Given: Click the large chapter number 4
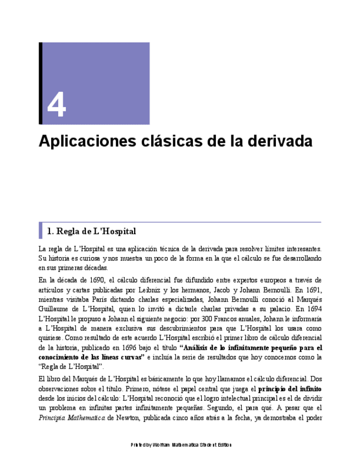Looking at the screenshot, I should (57, 105).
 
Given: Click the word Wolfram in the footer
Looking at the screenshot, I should (162, 445).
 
